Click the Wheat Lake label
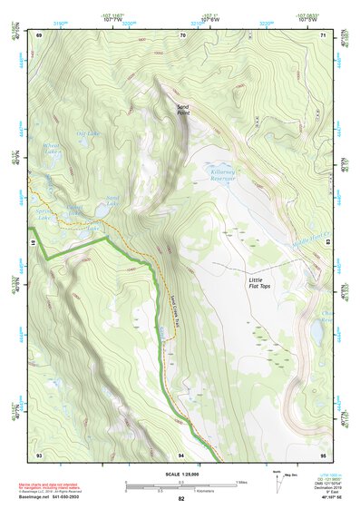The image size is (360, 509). point(53,148)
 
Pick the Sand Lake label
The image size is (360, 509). point(113,201)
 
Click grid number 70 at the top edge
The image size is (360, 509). point(182,34)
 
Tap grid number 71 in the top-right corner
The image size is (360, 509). point(324,34)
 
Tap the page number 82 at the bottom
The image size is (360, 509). point(181,499)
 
